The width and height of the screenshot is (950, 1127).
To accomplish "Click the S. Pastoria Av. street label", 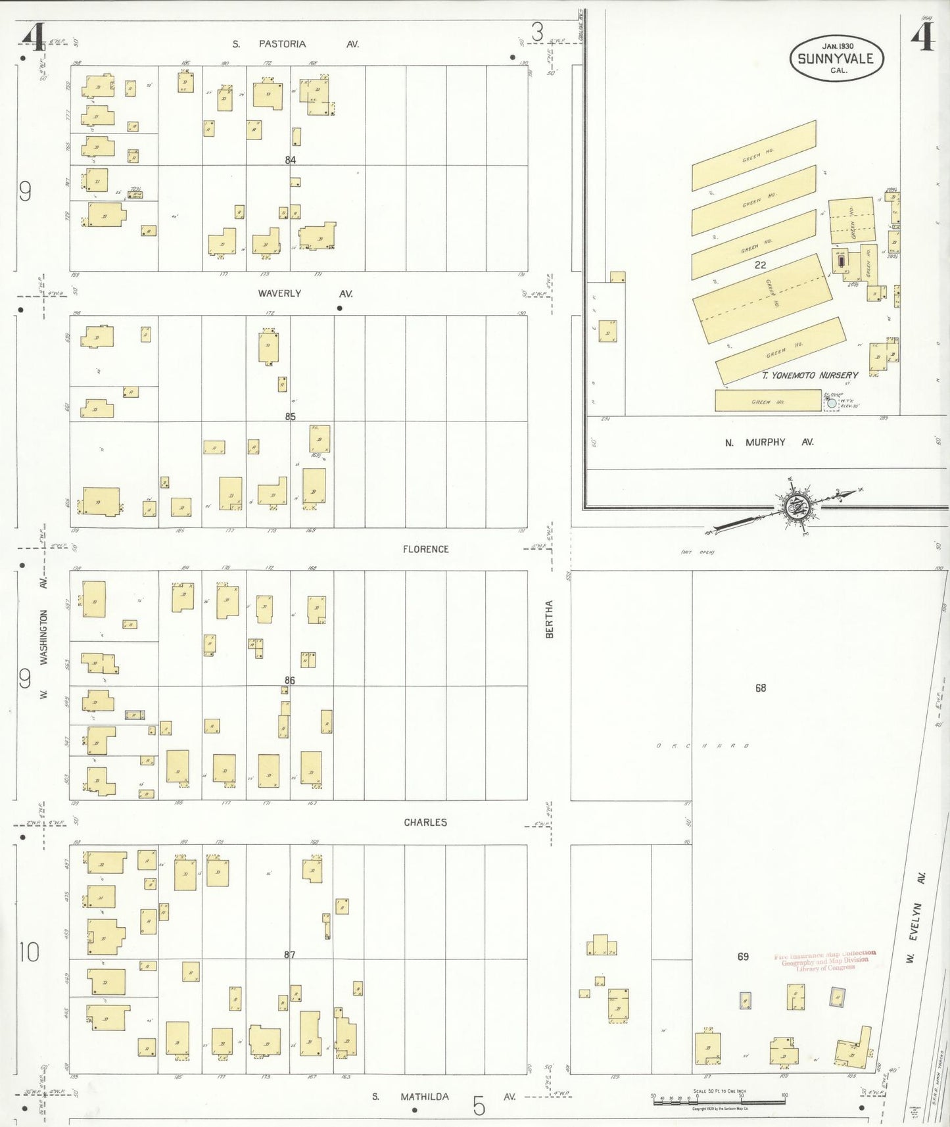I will point(296,44).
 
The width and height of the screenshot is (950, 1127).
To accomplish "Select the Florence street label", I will point(425,549).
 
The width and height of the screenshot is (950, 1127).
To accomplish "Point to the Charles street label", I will point(425,823).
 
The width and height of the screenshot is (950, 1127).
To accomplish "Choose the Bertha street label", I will point(549,619).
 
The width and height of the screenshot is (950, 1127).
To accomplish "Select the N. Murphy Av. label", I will point(769,443).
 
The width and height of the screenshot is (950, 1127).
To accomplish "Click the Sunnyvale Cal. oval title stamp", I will point(836,59).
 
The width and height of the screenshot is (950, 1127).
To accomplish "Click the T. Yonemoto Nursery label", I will point(810,375).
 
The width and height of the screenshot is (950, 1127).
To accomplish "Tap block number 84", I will point(291,160).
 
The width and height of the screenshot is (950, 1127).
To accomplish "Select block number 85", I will point(291,416).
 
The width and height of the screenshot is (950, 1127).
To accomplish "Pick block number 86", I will point(290,681).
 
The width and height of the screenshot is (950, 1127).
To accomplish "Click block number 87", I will point(290,955).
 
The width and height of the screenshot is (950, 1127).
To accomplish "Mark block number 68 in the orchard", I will point(761,688).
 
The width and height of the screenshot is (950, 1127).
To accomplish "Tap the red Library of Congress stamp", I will point(825,961).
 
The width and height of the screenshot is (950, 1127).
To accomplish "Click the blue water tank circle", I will point(832,403).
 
